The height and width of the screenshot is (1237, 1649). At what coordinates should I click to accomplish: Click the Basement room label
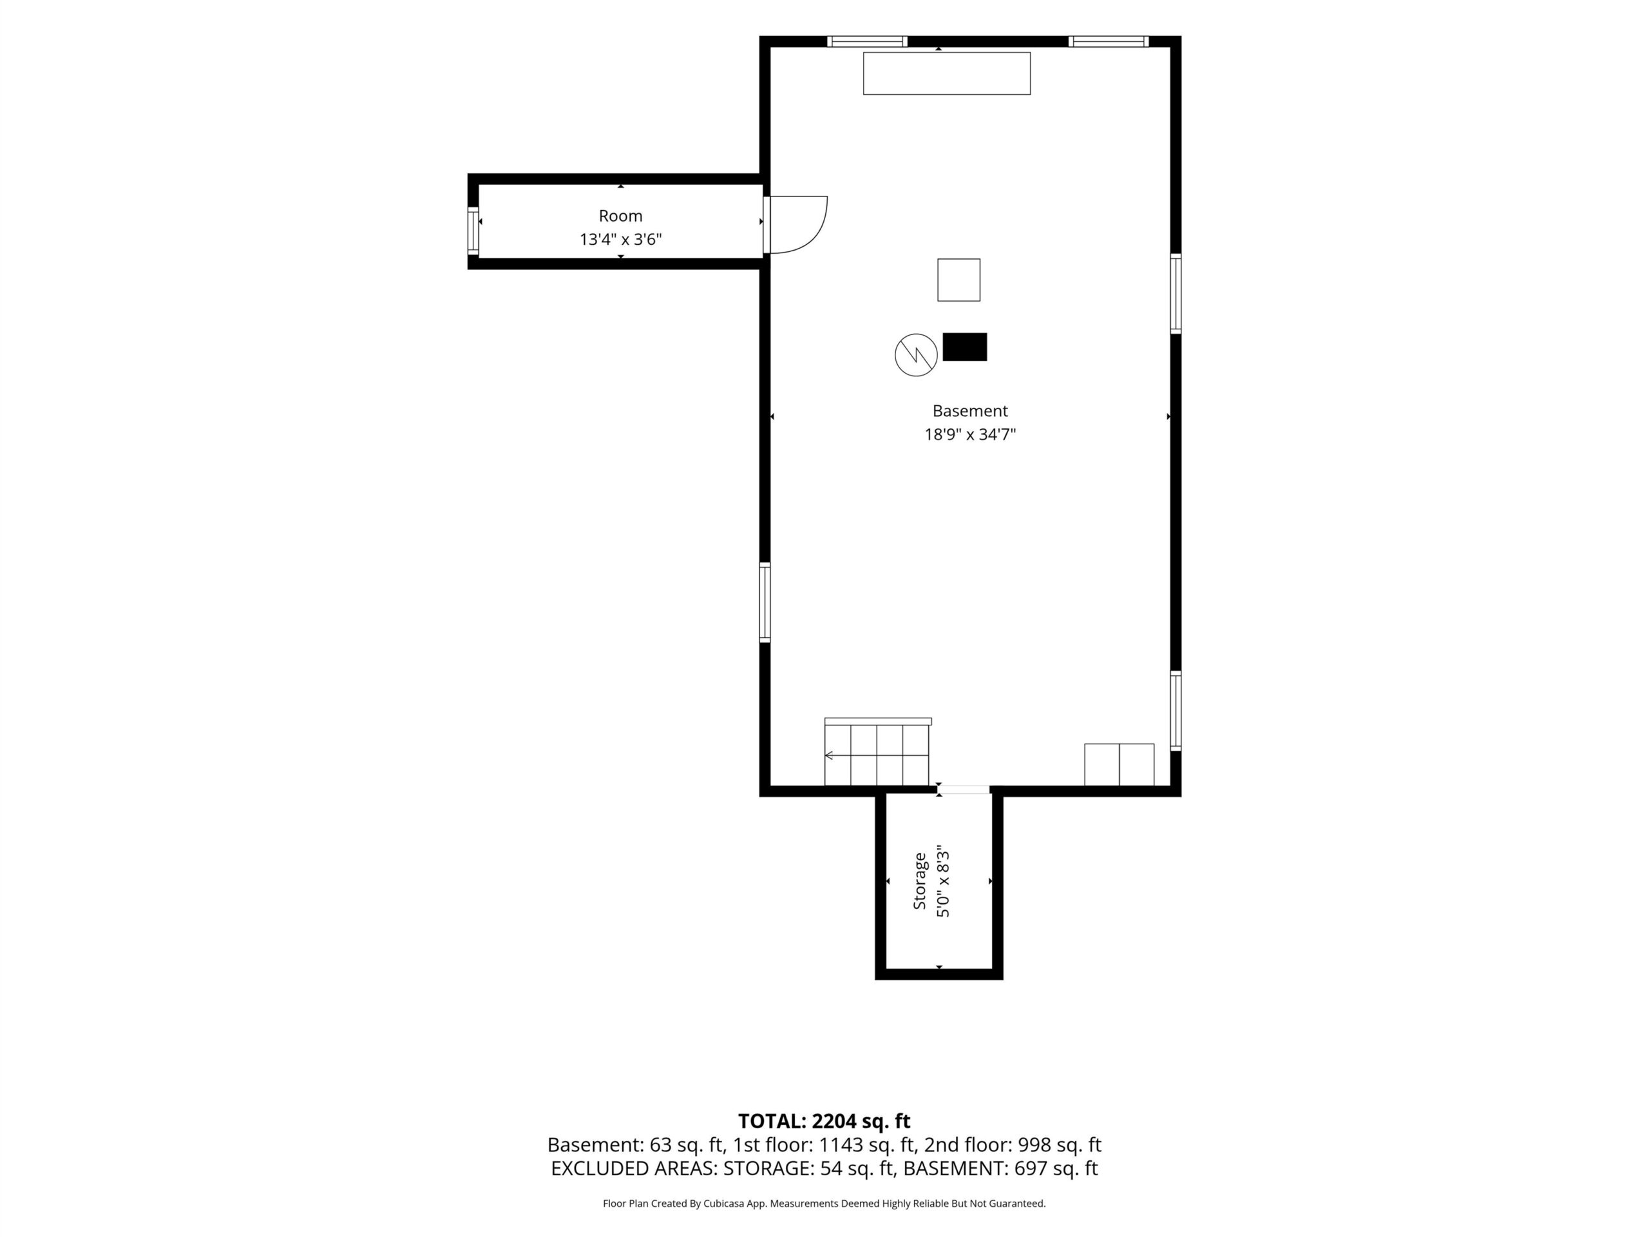[x=970, y=411]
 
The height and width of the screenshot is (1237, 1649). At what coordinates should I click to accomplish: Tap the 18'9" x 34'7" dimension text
[x=970, y=435]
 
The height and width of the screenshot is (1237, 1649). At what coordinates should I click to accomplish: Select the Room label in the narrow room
[x=620, y=216]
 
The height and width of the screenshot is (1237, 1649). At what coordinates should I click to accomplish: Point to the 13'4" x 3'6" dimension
[x=621, y=240]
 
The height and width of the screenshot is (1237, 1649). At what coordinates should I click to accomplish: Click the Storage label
[x=920, y=881]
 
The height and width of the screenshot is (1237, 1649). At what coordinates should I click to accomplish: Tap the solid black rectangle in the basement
[x=965, y=347]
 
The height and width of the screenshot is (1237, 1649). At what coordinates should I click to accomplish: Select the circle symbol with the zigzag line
[x=916, y=355]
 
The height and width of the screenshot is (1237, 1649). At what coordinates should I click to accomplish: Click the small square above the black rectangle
[x=958, y=280]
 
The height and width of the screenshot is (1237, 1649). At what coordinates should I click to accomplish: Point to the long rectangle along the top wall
[x=947, y=73]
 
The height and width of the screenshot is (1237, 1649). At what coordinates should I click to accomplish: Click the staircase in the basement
[x=877, y=752]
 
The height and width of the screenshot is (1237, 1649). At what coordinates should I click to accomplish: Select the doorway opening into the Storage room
[x=964, y=789]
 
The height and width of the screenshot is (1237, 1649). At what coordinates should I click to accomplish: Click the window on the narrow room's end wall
[x=473, y=231]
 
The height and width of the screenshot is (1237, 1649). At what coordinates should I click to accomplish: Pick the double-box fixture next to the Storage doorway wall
[x=1119, y=764]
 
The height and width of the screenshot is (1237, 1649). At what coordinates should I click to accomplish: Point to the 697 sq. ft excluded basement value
[x=1056, y=1169]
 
